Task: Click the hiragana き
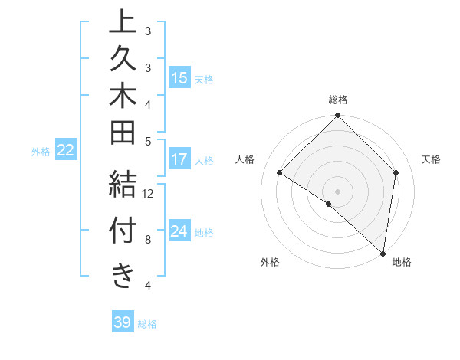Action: click(123, 276)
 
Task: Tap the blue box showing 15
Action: click(179, 78)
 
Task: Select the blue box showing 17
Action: click(179, 160)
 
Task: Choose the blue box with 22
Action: click(66, 151)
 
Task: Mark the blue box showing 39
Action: click(123, 322)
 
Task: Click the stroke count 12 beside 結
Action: click(148, 193)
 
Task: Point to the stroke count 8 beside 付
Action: click(148, 239)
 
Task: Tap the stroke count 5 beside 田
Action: click(148, 141)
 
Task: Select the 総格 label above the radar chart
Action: click(338, 100)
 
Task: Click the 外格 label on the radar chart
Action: click(270, 263)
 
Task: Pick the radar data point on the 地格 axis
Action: click(383, 254)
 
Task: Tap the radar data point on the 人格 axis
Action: click(280, 173)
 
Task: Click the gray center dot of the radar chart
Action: click(338, 191)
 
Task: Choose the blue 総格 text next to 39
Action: click(148, 324)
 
